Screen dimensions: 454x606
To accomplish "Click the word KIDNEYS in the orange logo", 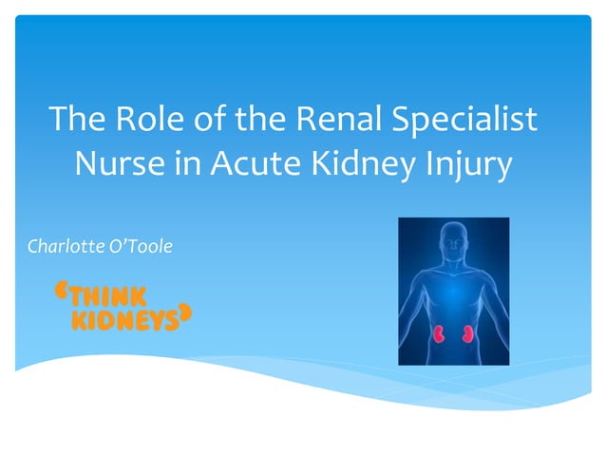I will point(124,320).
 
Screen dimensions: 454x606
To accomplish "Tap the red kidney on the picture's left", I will point(440,333).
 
